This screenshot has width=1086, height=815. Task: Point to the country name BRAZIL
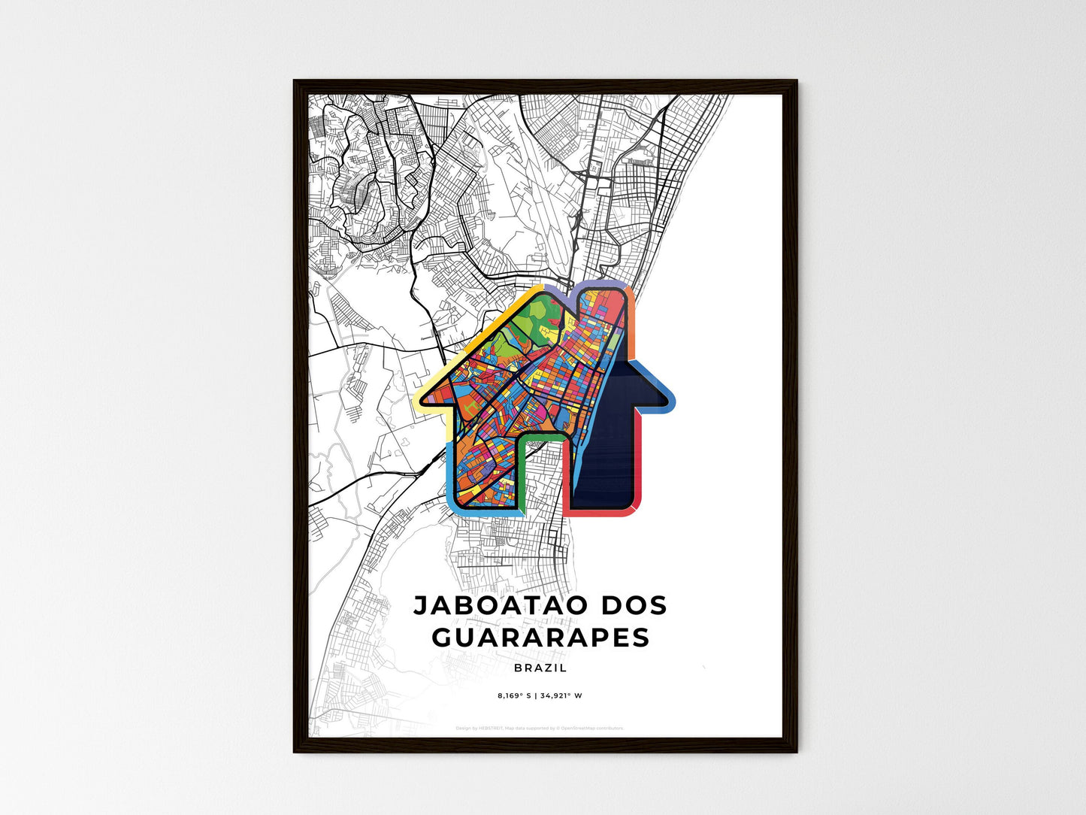click(x=540, y=668)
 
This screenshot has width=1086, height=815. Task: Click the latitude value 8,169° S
click(x=513, y=695)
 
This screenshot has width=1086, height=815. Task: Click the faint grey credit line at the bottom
click(x=540, y=728)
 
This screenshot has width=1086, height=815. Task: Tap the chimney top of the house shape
click(x=605, y=293)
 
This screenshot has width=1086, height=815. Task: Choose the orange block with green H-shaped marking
click(x=470, y=406)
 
